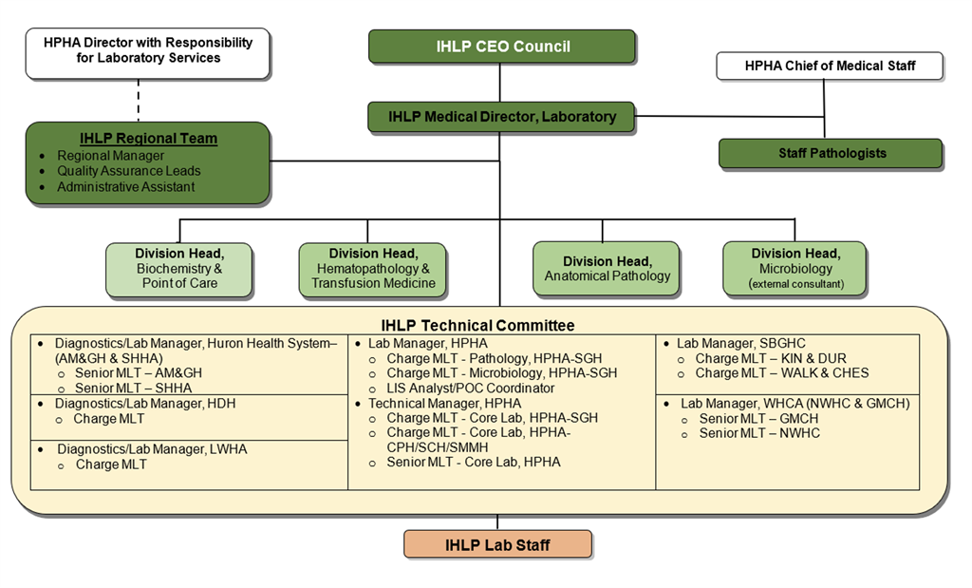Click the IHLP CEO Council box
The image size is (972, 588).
coord(501,47)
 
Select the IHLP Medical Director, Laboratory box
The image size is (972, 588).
coord(501,117)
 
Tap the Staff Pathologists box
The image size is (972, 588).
coord(830,153)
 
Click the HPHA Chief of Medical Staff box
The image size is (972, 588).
coord(830,66)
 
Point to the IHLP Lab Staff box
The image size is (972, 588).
coord(497,545)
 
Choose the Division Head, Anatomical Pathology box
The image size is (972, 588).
coord(607,268)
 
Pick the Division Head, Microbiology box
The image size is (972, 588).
coord(794,268)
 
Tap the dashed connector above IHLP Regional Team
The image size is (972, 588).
coord(140,100)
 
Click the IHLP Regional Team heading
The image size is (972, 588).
coord(148,139)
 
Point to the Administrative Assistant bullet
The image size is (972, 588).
coord(125,187)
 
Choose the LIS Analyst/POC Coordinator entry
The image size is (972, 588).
coord(470,388)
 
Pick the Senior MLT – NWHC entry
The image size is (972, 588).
coord(759,433)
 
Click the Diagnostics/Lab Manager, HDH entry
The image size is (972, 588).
coord(144,403)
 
